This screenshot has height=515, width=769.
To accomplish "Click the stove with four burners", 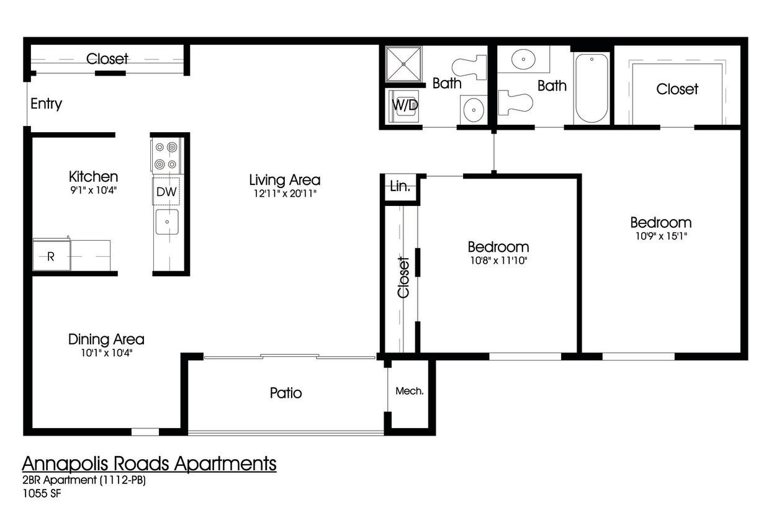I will (x=166, y=155).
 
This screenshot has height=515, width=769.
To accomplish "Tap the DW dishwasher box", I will (x=166, y=192).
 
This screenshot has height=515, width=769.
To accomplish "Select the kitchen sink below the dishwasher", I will (x=166, y=222).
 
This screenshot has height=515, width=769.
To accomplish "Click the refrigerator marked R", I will (x=52, y=256).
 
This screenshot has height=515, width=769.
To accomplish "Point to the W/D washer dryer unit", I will (x=404, y=105).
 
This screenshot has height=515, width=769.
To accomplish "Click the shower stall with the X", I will (x=403, y=63).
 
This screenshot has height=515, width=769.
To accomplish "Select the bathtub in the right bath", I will (x=591, y=88).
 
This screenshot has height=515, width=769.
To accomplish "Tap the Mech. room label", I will (x=410, y=391).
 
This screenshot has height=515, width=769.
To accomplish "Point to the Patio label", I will (x=286, y=393).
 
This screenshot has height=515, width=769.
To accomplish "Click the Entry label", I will (x=46, y=104).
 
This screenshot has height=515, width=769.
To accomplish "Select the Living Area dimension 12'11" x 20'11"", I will (x=284, y=194).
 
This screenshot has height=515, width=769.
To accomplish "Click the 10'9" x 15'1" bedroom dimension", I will (x=660, y=236).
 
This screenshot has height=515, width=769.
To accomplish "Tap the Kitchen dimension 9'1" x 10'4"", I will (x=93, y=190).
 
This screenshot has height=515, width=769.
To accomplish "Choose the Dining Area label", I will (x=106, y=339).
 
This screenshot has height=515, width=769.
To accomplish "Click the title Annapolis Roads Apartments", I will (x=149, y=464).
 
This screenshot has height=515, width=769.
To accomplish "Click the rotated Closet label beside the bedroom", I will (x=403, y=277).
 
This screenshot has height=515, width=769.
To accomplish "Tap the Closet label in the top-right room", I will (x=677, y=89).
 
